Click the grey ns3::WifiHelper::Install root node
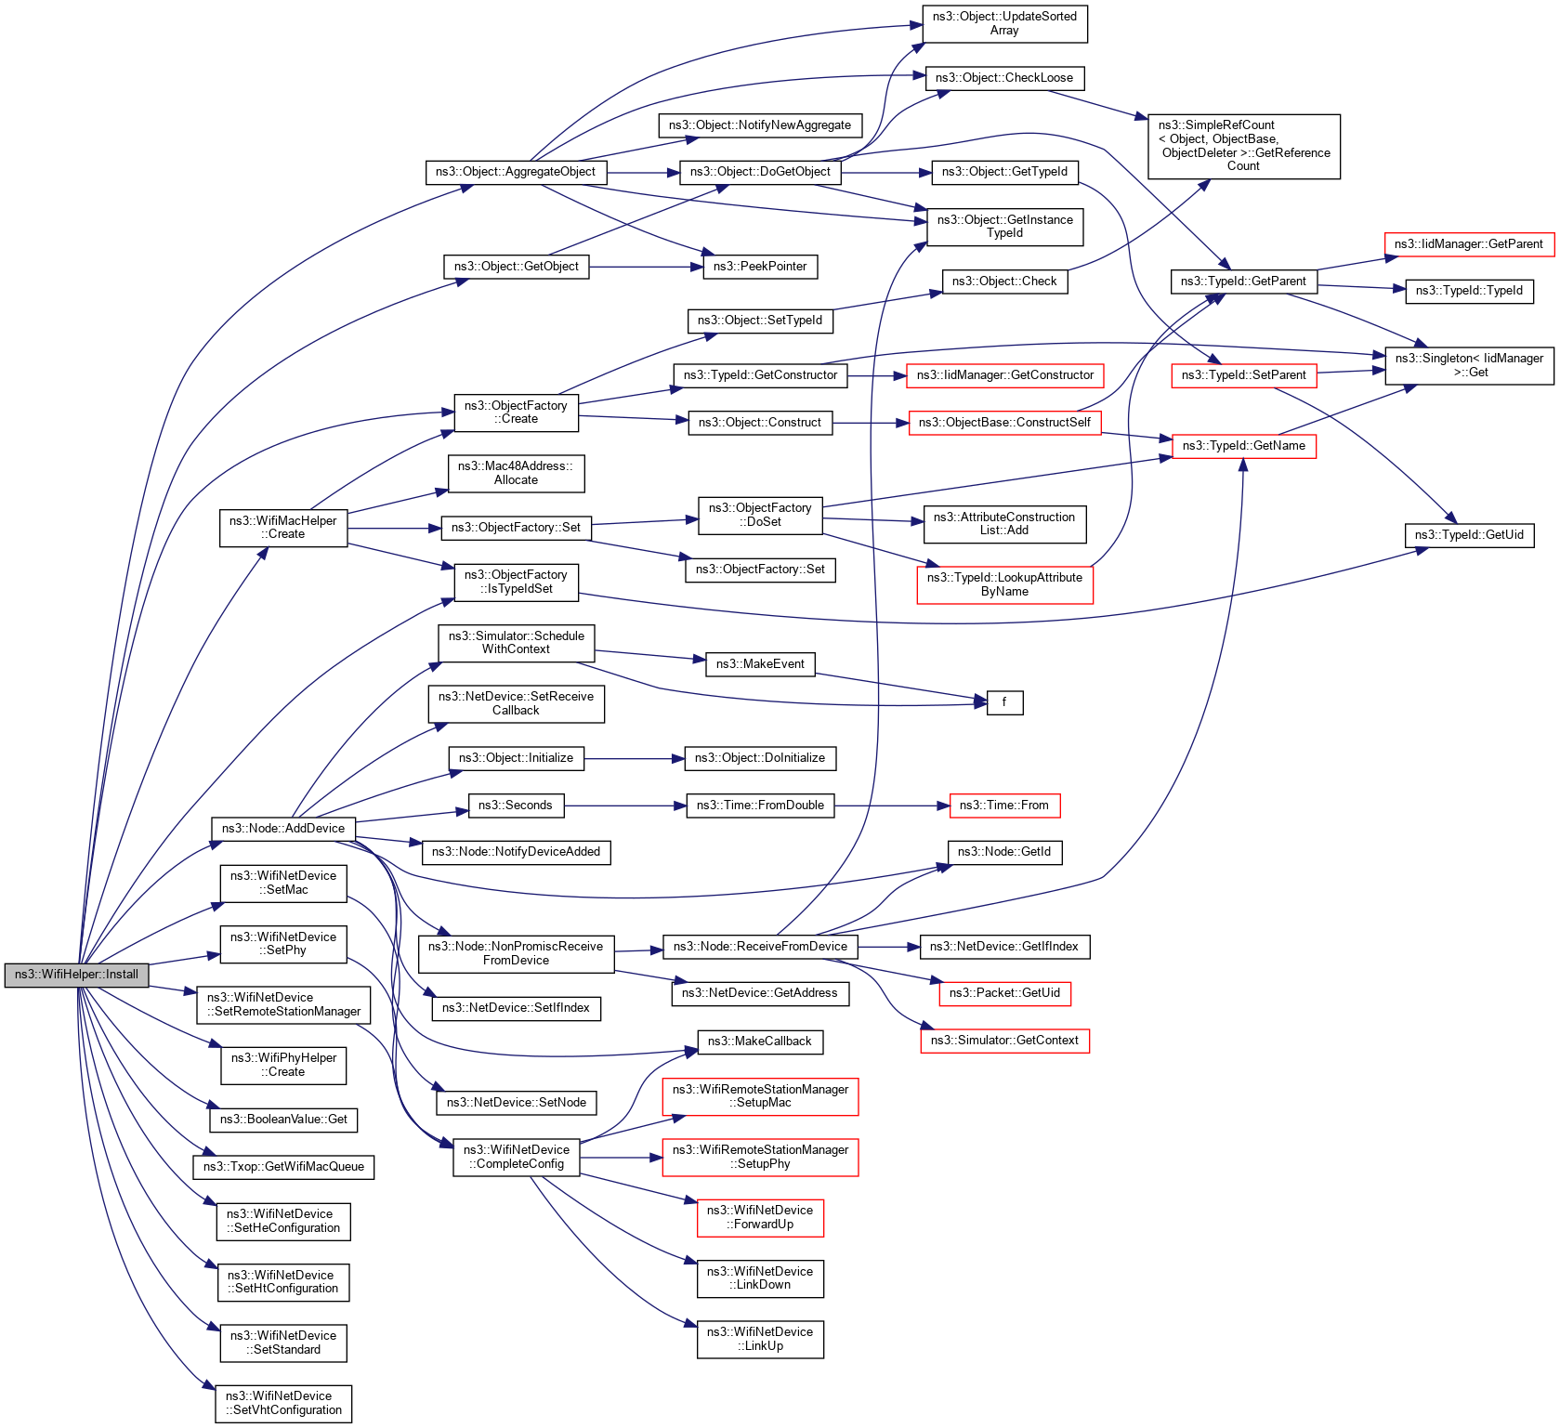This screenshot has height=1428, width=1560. [x=76, y=975]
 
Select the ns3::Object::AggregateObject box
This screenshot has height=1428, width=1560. [x=516, y=172]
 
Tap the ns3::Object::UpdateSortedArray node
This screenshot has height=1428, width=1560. [x=1004, y=24]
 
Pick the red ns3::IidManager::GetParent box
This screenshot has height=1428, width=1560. [x=1468, y=244]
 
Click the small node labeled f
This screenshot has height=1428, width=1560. [x=1004, y=702]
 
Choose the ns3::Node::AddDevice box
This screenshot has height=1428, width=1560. [x=282, y=829]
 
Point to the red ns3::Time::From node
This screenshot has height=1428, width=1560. [x=1003, y=806]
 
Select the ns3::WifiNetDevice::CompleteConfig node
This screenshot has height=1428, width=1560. [x=516, y=1157]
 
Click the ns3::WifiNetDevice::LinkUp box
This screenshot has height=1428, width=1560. [x=760, y=1339]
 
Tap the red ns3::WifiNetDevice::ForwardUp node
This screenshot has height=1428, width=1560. [x=760, y=1217]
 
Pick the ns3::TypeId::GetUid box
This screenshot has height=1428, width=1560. [x=1469, y=535]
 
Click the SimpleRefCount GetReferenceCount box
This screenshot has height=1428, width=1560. [x=1243, y=146]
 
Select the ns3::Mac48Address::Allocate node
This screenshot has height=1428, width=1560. [x=516, y=473]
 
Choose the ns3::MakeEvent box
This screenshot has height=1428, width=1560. [x=760, y=664]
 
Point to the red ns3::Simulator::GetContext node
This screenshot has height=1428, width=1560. [x=1004, y=1041]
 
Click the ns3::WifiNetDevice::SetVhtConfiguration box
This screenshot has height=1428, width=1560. [x=283, y=1403]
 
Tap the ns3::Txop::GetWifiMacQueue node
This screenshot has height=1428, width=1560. [x=283, y=1167]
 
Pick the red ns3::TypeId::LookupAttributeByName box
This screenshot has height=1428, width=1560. [x=1004, y=584]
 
